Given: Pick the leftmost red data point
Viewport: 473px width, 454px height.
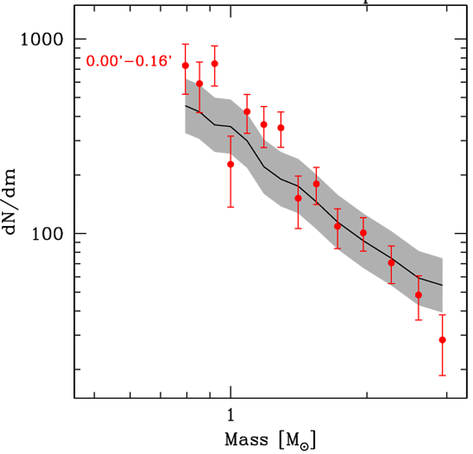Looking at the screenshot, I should [185, 65].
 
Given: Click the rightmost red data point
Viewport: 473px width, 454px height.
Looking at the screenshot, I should [442, 340].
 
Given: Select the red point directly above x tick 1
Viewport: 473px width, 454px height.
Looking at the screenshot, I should [231, 164].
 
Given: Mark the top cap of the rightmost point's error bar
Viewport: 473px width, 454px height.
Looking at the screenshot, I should [442, 315].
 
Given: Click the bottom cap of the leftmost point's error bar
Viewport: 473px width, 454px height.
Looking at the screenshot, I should [185, 94].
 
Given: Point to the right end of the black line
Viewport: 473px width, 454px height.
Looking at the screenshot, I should [442, 285].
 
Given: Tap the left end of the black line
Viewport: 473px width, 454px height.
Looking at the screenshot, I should [186, 105].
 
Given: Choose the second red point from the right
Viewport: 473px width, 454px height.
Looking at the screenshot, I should [419, 295].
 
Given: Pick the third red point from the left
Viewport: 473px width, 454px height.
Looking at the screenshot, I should [215, 63].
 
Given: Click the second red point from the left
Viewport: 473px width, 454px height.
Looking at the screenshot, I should [199, 84].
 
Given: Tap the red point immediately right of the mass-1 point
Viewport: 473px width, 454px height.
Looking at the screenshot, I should [247, 112].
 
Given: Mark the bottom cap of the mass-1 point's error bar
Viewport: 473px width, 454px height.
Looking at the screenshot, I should [231, 207].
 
